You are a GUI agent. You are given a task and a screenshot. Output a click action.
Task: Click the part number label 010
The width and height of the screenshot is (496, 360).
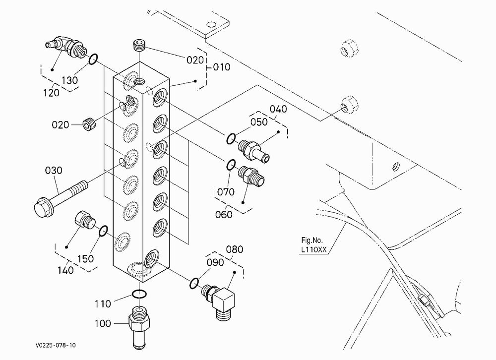(x=221, y=67)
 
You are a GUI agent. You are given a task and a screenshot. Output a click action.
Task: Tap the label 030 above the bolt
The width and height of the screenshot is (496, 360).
(x=54, y=171)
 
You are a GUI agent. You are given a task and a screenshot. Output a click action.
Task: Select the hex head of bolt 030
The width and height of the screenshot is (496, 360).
(x=43, y=208)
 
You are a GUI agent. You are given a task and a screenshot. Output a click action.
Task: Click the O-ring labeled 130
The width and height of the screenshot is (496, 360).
(x=93, y=59)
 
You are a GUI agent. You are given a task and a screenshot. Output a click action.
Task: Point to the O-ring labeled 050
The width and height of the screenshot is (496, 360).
(x=231, y=138)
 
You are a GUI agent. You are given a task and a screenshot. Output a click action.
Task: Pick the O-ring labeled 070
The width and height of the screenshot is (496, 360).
(x=231, y=165)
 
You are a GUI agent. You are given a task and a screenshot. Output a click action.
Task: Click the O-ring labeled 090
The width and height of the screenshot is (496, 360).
(x=194, y=283)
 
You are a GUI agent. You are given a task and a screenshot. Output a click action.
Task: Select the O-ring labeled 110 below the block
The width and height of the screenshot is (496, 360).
(x=139, y=294)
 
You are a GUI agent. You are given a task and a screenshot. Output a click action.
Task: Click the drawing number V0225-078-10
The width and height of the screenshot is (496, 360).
(x=56, y=345)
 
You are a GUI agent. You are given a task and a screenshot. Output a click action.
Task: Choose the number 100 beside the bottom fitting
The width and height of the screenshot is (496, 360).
(x=103, y=324)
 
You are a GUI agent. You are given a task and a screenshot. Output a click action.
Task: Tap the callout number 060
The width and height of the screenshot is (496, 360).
(x=224, y=215)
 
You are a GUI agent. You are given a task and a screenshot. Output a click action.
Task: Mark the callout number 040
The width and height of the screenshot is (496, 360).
(x=278, y=109)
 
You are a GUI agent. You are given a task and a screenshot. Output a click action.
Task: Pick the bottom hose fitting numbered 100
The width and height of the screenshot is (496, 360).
(x=139, y=327)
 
